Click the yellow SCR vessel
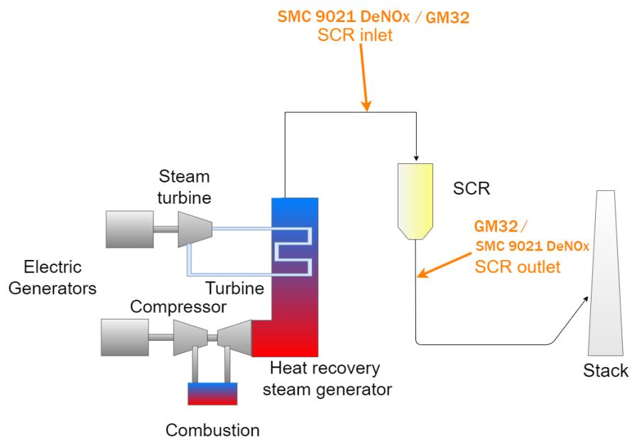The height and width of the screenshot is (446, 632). coord(415,198)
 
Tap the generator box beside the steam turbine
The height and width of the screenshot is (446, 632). coord(131,229)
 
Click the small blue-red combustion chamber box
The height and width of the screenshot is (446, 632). coord(211,393)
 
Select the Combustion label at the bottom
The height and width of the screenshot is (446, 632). coord(212,430)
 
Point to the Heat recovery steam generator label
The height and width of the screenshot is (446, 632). coord(332,379)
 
